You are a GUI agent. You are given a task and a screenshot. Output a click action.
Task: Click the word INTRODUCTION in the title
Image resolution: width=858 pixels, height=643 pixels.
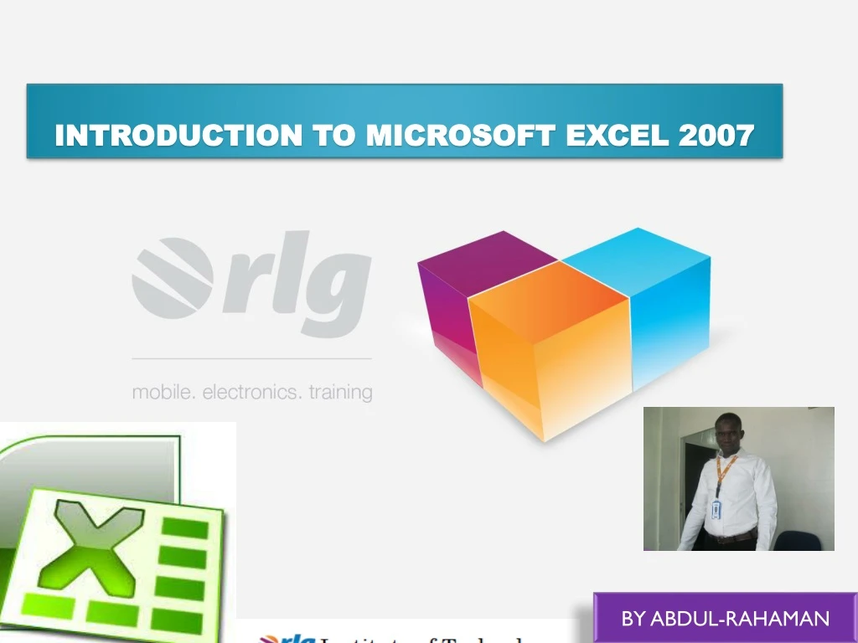(178, 135)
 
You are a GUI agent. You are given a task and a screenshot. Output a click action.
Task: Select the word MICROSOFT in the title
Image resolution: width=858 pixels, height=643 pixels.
(460, 135)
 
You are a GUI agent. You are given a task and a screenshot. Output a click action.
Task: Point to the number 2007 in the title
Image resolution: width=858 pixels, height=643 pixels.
(716, 135)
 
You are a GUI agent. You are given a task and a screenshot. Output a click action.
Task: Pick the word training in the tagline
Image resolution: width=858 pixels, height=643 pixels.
(341, 392)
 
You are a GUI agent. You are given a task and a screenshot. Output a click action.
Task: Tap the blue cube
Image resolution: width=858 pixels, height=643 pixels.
(662, 301)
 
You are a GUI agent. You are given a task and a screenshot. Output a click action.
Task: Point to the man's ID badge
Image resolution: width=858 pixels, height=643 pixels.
(716, 509)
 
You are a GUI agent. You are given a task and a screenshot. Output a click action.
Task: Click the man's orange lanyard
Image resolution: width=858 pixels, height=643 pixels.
(721, 473)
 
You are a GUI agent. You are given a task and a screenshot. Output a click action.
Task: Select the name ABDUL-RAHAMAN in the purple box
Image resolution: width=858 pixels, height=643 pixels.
(740, 620)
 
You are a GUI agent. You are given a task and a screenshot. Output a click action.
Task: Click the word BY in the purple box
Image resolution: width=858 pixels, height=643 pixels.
(633, 620)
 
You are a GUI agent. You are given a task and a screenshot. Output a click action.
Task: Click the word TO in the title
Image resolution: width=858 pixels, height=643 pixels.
(333, 135)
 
